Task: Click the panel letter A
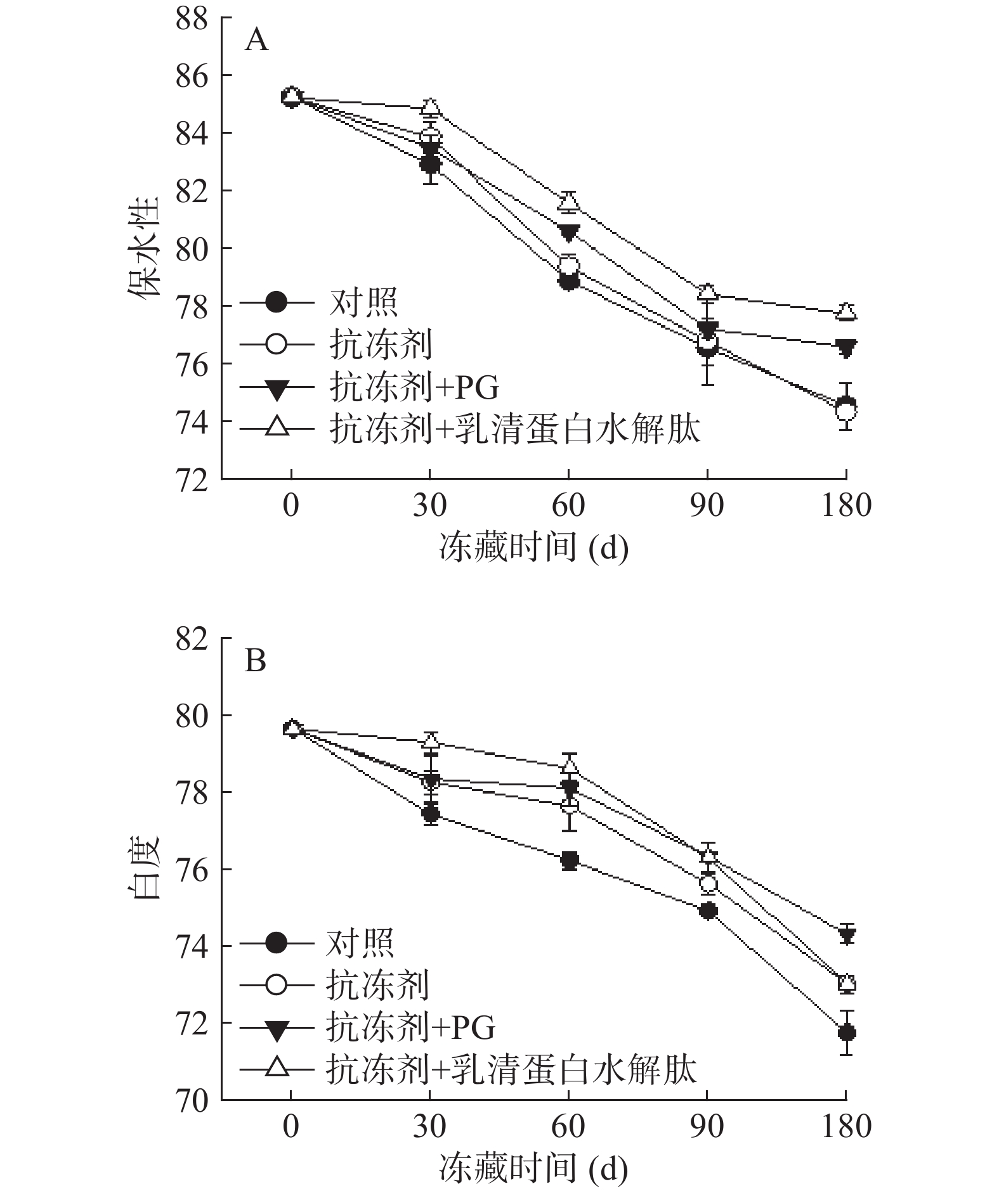[256, 41]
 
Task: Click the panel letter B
[255, 662]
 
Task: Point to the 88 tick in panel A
[192, 18]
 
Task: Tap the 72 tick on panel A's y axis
[192, 479]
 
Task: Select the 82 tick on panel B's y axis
[192, 638]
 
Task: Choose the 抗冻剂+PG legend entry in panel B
[410, 1028]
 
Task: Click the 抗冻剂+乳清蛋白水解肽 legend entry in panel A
[514, 429]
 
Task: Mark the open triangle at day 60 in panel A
[569, 202]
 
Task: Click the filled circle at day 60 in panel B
[569, 861]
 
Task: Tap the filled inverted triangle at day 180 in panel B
[846, 934]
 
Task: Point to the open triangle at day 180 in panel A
[846, 311]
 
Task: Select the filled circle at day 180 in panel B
[846, 1033]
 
